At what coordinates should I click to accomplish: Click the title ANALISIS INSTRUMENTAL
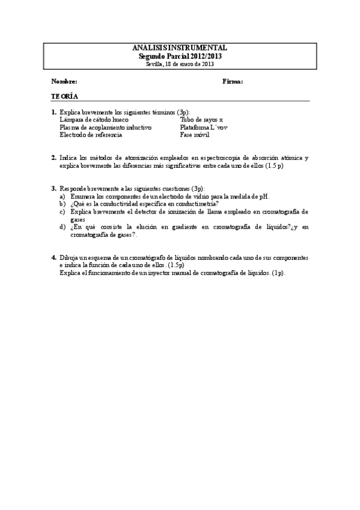(x=179, y=48)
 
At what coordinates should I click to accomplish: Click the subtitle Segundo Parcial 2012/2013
(x=179, y=56)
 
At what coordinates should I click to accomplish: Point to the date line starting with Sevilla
(x=179, y=64)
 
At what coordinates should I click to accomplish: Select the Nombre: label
(x=64, y=81)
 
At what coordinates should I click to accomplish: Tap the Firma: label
(x=233, y=81)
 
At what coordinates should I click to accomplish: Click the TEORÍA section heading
(x=64, y=97)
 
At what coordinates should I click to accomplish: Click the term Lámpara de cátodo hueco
(x=94, y=120)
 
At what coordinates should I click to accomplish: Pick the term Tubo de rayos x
(x=201, y=120)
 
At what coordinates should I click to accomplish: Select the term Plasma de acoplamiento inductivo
(x=105, y=127)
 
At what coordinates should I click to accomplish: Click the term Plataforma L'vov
(x=204, y=127)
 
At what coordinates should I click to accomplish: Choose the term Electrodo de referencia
(x=91, y=135)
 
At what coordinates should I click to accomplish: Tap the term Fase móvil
(x=195, y=135)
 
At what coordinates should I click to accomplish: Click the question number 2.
(x=53, y=158)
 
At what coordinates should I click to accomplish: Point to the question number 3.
(x=53, y=188)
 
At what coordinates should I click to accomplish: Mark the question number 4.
(x=53, y=257)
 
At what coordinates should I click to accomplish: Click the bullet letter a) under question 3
(x=63, y=196)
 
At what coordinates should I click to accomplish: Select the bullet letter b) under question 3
(x=63, y=204)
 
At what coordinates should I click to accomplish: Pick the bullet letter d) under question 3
(x=63, y=227)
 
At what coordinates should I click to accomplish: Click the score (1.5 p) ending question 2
(x=274, y=165)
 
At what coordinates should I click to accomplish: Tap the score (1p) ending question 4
(x=278, y=272)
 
